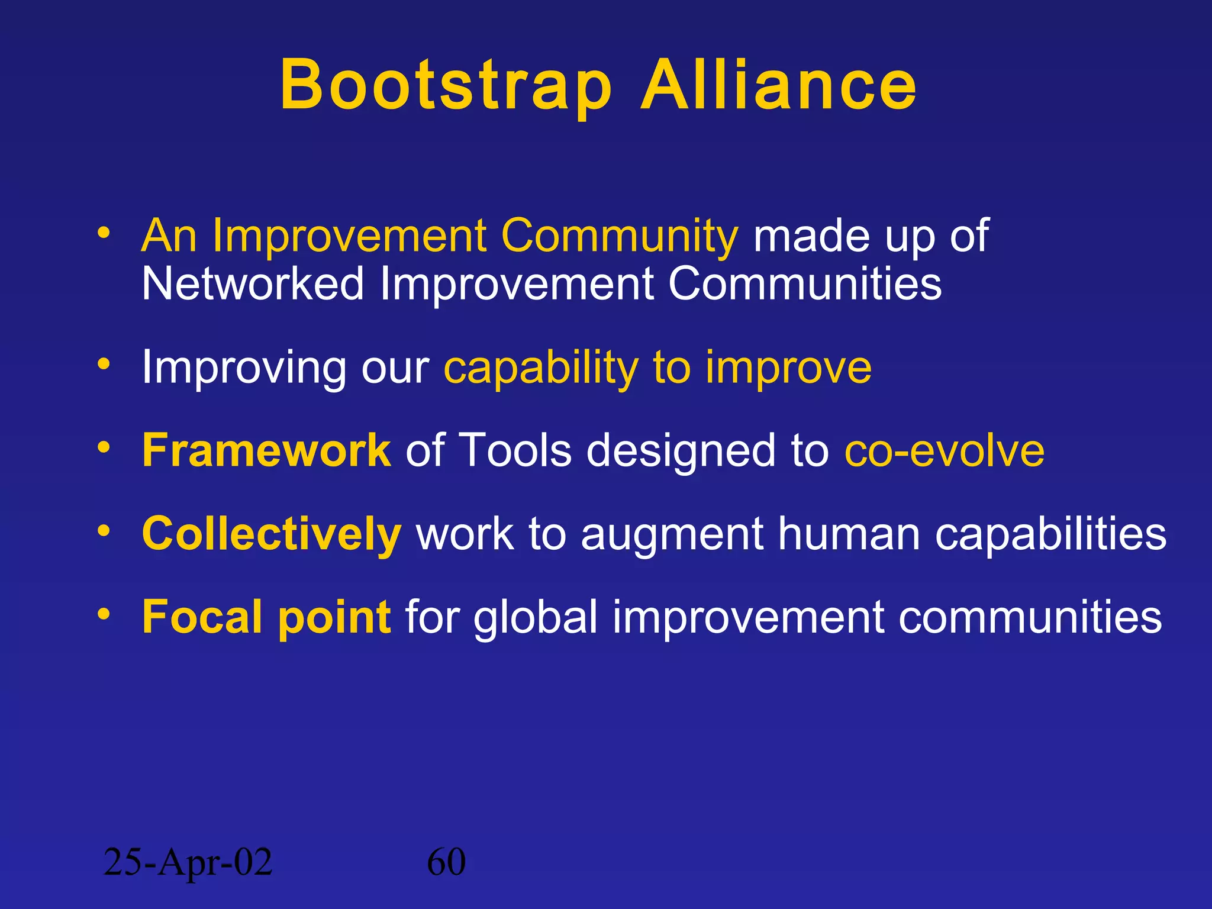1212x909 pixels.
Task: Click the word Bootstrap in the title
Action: pos(445,86)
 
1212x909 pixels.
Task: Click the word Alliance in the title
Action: pos(778,86)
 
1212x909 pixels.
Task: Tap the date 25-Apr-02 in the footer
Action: pos(188,862)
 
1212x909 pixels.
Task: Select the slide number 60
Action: pos(446,862)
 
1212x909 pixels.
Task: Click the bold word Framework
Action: pos(266,450)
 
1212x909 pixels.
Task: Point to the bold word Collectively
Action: pos(272,534)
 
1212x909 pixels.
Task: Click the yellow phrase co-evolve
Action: pos(944,450)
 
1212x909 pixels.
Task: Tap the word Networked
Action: pos(253,284)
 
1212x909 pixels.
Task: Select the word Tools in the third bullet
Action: pos(515,450)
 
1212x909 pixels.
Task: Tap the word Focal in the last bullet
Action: pos(202,617)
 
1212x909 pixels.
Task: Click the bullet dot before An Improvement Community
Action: pos(104,233)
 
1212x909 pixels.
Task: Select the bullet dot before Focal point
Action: pos(104,614)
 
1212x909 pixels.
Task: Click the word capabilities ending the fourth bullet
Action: pos(1050,534)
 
